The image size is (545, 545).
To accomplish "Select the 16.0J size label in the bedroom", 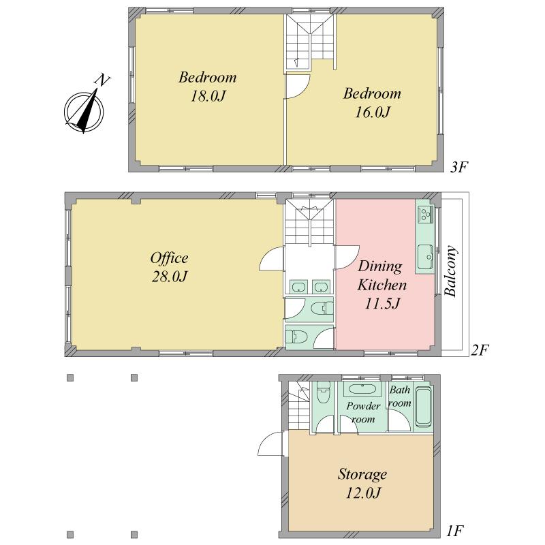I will pos(372,112).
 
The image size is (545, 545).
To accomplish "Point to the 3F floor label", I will pos(460,166).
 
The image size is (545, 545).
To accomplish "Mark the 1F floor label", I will pos(456,529).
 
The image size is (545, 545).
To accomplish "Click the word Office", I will pos(169,258).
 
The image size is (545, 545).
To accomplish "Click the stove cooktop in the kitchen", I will pos(425,214).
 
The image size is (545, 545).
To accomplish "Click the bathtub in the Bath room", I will pos(423,406).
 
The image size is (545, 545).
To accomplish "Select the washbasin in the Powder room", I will pos(362,390).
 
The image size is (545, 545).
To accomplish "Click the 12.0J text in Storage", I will pos(362,493).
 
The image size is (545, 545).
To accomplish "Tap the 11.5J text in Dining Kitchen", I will pos(382,303).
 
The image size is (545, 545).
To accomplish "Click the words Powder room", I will pos(363,413).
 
